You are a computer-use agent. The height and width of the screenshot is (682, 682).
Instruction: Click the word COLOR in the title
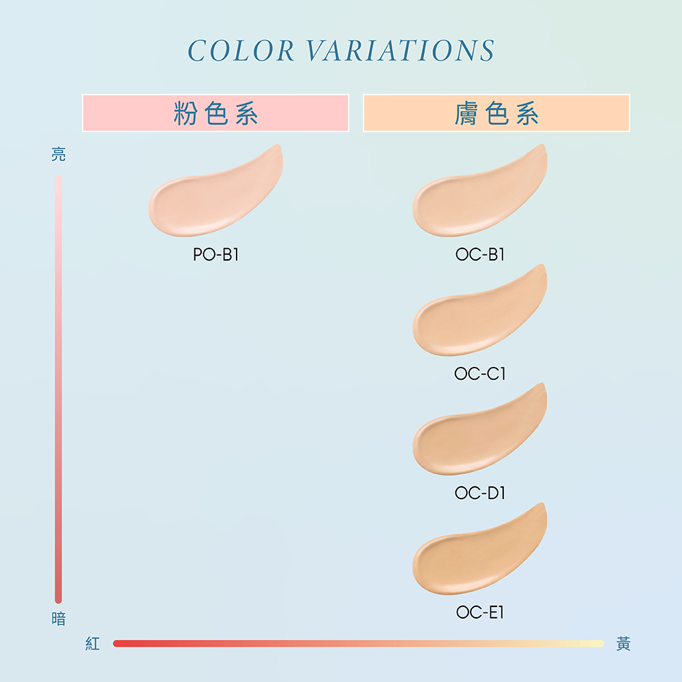[241, 50]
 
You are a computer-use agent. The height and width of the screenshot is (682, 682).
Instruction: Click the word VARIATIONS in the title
[400, 50]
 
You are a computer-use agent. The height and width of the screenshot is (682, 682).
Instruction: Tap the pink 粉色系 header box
[216, 113]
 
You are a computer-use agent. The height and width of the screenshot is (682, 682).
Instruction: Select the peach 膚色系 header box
[496, 113]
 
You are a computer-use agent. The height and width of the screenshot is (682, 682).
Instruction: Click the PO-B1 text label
[216, 254]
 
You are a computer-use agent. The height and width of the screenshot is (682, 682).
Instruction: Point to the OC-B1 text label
[479, 254]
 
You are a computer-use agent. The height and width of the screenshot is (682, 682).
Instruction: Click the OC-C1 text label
[479, 374]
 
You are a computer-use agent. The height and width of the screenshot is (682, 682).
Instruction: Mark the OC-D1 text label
[479, 493]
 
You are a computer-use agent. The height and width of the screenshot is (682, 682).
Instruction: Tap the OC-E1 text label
[479, 612]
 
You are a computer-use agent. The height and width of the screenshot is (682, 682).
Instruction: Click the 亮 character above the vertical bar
[59, 154]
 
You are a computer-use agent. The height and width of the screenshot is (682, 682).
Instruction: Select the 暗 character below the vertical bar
[59, 619]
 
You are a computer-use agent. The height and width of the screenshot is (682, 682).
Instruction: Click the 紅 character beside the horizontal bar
[93, 644]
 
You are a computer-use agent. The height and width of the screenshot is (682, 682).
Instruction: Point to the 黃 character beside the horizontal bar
[623, 644]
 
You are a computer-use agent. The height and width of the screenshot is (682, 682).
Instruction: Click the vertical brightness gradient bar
[58, 389]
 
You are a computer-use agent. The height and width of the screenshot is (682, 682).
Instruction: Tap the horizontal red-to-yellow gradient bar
[359, 644]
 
